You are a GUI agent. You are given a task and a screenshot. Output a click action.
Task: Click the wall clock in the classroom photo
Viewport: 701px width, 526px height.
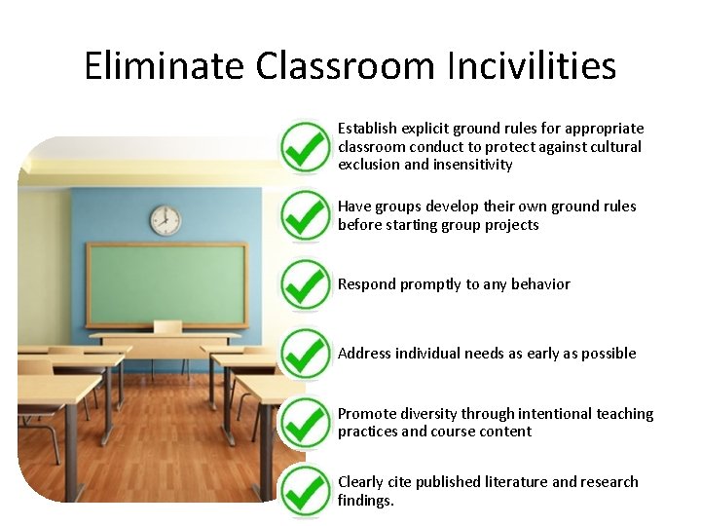pos(166,221)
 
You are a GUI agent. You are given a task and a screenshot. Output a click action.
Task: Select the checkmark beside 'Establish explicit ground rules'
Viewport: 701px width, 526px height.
pos(305,146)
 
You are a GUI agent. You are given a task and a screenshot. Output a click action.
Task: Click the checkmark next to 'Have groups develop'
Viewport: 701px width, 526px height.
pos(305,215)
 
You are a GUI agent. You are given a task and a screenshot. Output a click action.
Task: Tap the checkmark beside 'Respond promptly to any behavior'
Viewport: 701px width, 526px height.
pos(305,284)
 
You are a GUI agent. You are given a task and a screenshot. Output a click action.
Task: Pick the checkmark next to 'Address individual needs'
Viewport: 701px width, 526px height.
pos(305,354)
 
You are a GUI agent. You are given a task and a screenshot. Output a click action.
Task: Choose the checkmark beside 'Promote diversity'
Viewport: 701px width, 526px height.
pos(305,423)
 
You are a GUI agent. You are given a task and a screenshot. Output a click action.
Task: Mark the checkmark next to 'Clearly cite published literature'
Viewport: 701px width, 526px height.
pos(305,492)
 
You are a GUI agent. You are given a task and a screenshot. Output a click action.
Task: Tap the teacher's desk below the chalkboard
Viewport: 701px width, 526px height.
pos(166,341)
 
